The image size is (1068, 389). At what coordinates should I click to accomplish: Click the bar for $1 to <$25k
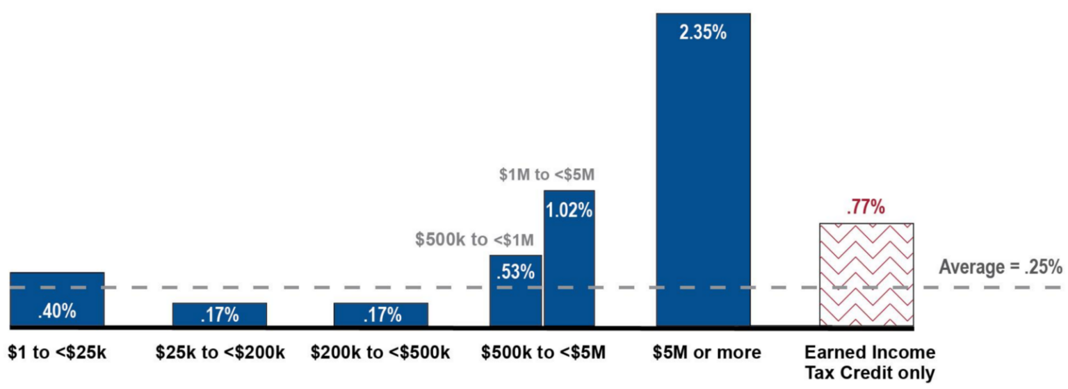(x=57, y=299)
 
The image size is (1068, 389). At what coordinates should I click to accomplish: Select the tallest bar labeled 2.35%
(x=703, y=169)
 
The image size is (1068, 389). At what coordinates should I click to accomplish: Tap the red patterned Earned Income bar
(x=866, y=274)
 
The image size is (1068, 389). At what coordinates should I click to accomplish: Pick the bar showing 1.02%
(x=569, y=257)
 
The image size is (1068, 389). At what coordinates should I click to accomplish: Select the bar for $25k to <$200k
(x=219, y=314)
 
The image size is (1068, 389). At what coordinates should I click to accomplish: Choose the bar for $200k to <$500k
(x=380, y=314)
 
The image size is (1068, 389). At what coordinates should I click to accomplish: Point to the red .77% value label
(x=866, y=207)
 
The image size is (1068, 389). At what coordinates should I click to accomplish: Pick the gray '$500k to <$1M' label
(x=475, y=240)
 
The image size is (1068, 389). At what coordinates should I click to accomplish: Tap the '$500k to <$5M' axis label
(x=543, y=353)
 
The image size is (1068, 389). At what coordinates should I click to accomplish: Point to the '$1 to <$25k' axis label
(x=57, y=353)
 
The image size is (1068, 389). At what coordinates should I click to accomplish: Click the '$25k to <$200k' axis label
(x=219, y=353)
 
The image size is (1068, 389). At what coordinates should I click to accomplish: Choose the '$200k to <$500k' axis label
(x=380, y=353)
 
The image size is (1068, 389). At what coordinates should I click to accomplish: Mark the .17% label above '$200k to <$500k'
(x=382, y=315)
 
